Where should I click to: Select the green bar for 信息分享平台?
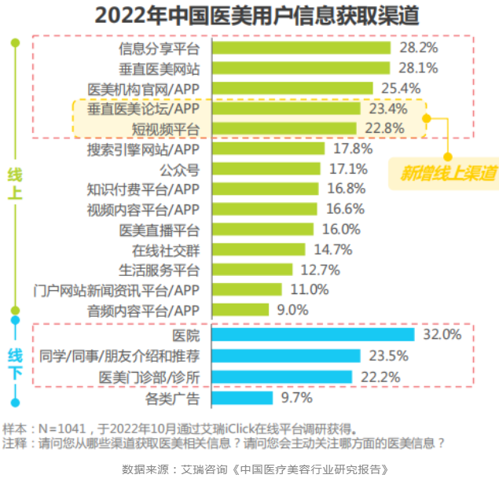(302, 47)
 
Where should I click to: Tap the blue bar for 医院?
(314, 334)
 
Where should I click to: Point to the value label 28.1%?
(418, 68)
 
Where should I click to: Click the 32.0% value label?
(441, 334)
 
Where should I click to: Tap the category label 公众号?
(180, 169)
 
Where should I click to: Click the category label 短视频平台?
(166, 128)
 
